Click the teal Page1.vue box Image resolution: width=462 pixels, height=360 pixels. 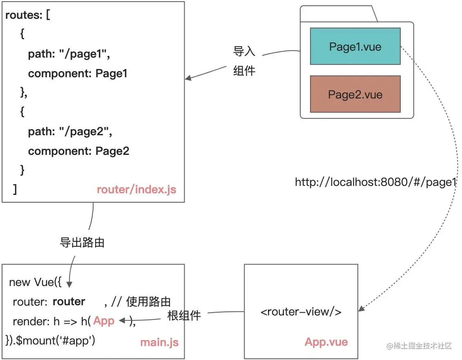pyautogui.click(x=355, y=46)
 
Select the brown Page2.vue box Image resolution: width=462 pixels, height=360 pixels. pyautogui.click(x=355, y=94)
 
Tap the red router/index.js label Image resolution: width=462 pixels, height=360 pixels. pyautogui.click(x=136, y=190)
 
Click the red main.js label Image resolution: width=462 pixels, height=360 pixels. pyautogui.click(x=159, y=342)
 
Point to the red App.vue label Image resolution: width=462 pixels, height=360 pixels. pyautogui.click(x=326, y=342)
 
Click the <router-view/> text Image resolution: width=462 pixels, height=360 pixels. pyautogui.click(x=301, y=312)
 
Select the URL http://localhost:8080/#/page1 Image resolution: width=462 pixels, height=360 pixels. pyautogui.click(x=375, y=182)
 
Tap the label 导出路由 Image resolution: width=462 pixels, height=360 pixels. pyautogui.click(x=82, y=243)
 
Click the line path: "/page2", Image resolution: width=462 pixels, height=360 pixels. pyautogui.click(x=70, y=132)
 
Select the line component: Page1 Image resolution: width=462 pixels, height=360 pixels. pyautogui.click(x=78, y=74)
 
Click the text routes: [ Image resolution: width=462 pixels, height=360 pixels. pyautogui.click(x=27, y=16)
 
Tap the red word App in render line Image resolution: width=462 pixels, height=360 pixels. pyautogui.click(x=104, y=321)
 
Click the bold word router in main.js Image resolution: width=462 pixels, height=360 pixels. pyautogui.click(x=69, y=302)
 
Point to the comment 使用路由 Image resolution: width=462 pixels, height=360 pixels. pyautogui.click(x=148, y=302)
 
